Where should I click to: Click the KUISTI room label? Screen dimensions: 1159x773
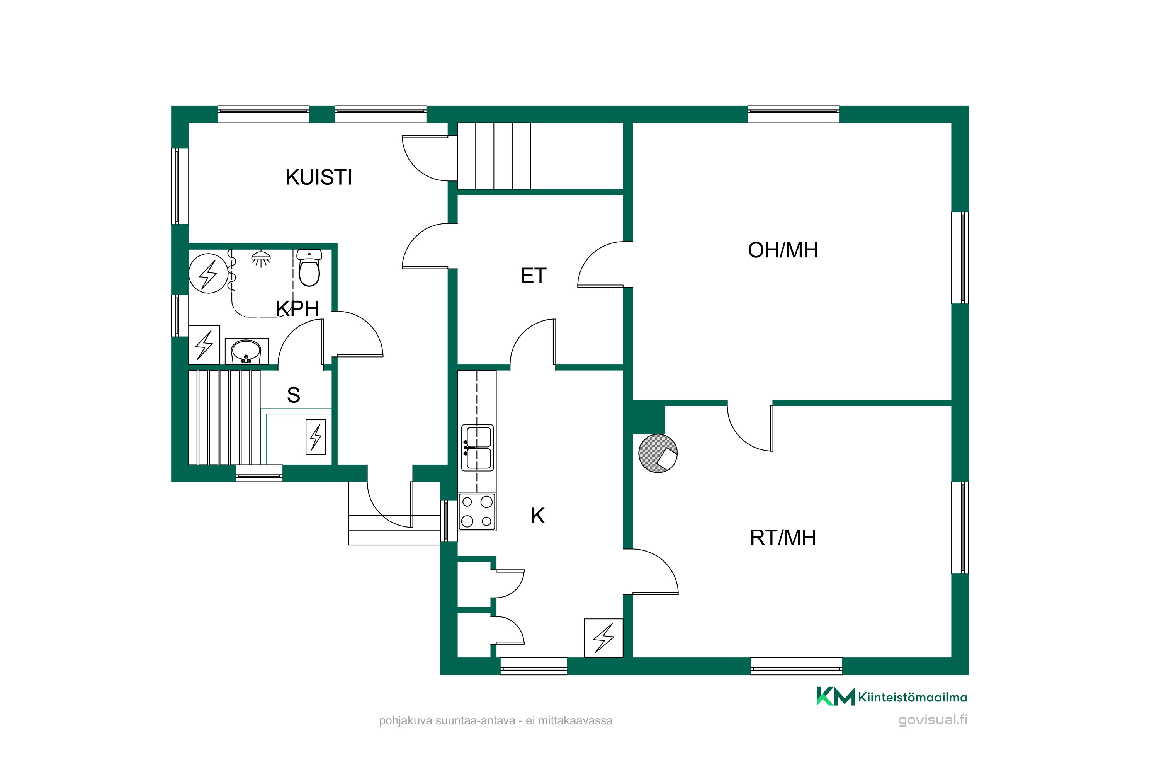tap(319, 177)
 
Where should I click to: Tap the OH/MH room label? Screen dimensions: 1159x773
tap(783, 250)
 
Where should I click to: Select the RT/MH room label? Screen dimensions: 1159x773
tap(783, 538)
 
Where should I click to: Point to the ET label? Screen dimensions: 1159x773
tap(534, 276)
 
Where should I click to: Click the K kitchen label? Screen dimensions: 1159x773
tap(538, 516)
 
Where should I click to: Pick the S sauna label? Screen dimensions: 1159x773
tap(294, 395)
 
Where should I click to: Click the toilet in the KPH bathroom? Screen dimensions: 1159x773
tap(309, 268)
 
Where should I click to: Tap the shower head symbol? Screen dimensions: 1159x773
tap(261, 258)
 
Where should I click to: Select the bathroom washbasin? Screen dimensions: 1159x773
tap(246, 351)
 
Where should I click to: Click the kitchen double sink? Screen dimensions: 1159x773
tap(478, 448)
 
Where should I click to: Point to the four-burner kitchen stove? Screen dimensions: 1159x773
tap(477, 512)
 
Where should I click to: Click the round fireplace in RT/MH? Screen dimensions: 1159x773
tap(658, 453)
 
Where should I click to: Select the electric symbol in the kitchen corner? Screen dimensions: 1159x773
tap(603, 638)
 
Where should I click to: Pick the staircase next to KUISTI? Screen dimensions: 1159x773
tap(494, 156)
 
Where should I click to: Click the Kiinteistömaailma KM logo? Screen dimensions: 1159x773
tap(892, 696)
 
